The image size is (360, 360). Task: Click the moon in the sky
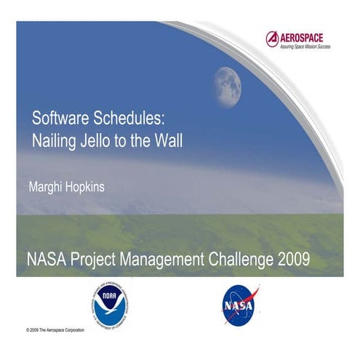228,84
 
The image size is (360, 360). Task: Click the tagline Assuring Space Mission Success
306,46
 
